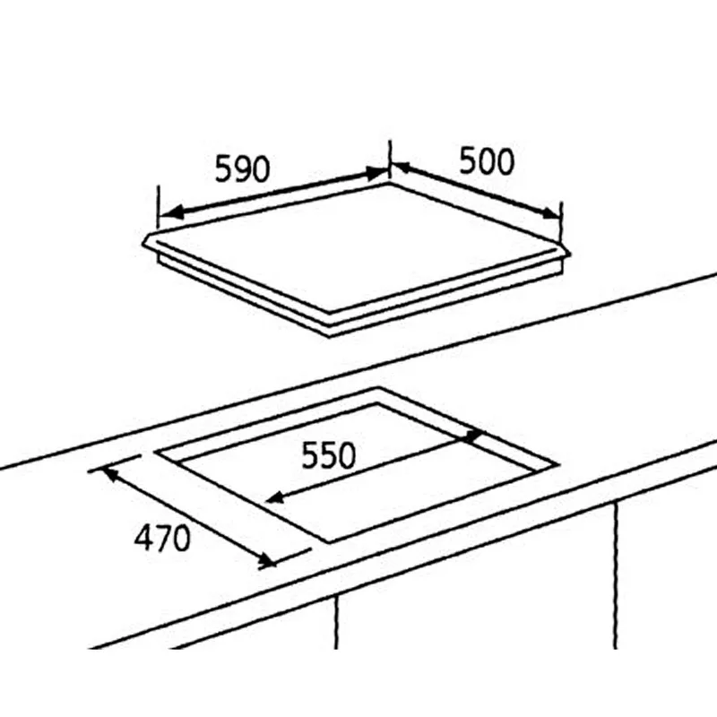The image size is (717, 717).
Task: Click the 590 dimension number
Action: pos(242,168)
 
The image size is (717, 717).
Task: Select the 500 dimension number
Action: pos(487,161)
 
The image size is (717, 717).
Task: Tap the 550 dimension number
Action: pos(328,455)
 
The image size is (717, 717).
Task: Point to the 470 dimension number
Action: pos(162,538)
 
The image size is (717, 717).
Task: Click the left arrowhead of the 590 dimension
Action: pos(171,212)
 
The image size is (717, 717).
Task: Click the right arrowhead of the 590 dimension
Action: pos(376,173)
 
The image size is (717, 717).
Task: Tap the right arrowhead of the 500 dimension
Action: pos(549,212)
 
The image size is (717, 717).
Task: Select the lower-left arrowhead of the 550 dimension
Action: pos(275,497)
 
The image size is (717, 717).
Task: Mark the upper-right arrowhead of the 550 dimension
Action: pos(472,436)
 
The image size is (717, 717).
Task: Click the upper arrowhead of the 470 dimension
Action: pos(112,474)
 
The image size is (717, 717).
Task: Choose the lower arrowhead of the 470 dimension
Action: pos(266,559)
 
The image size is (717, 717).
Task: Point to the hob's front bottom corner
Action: pos(330,337)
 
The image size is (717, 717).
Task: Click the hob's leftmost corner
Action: pos(143,243)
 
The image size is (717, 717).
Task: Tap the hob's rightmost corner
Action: pos(570,254)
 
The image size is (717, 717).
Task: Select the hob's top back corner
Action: pos(390,183)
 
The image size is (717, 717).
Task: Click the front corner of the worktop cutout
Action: pos(329,543)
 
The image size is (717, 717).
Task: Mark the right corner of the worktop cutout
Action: pos(558,464)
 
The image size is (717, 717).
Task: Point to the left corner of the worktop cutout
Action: pos(154,452)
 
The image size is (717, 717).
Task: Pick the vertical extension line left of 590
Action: pos(158,207)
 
